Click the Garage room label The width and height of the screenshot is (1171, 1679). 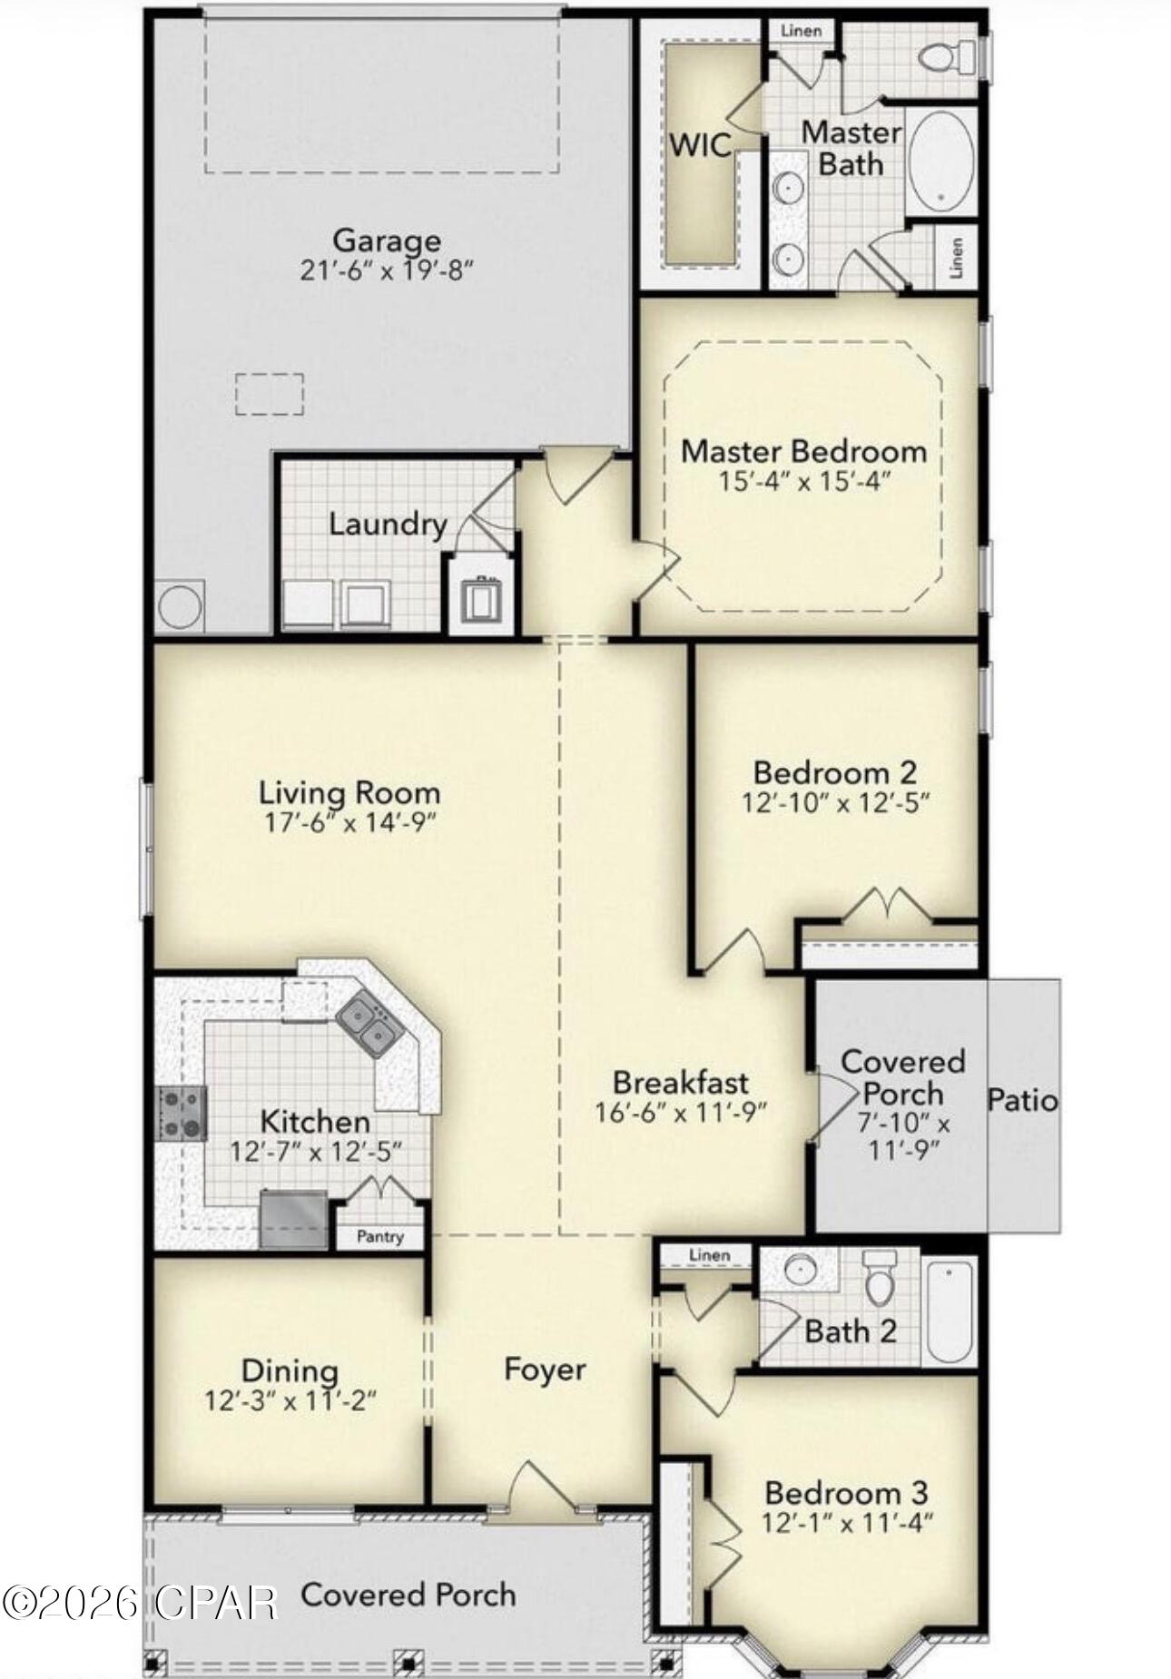click(387, 241)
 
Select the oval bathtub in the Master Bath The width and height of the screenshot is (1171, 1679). click(941, 163)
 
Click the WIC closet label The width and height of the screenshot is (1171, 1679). click(700, 145)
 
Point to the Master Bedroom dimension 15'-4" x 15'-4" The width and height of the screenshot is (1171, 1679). click(803, 481)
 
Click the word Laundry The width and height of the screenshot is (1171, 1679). click(388, 525)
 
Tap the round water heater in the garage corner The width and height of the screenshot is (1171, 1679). click(179, 606)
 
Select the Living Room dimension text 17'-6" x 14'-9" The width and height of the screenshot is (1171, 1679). click(349, 822)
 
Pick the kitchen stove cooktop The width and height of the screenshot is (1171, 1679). click(181, 1114)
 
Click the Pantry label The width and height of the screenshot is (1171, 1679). click(379, 1236)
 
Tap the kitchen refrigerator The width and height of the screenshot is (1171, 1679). click(293, 1219)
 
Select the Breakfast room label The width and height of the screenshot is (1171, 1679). click(681, 1082)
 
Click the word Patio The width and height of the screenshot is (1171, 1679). click(1022, 1100)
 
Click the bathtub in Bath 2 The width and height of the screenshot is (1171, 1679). click(950, 1310)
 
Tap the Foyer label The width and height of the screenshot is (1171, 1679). click(545, 1370)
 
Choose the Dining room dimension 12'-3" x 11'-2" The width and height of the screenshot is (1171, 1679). click(290, 1401)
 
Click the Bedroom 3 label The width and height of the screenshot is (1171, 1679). click(846, 1492)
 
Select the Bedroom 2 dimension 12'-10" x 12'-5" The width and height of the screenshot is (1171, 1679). click(835, 802)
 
